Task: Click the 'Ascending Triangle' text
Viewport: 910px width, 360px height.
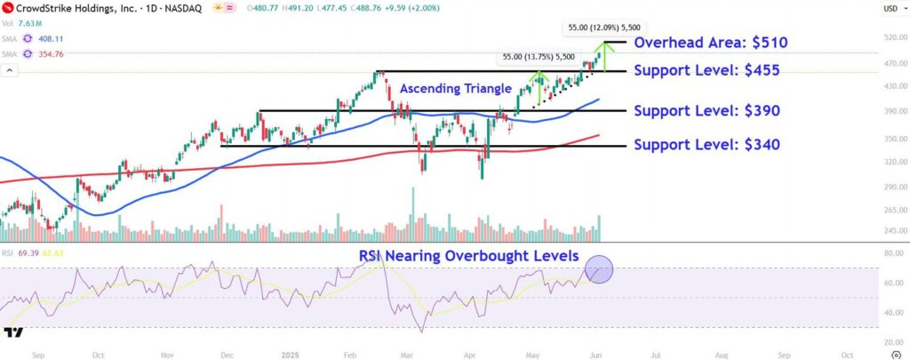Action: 455,89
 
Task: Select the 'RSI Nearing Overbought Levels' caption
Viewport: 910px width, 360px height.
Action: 469,256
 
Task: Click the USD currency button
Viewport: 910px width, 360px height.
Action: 890,8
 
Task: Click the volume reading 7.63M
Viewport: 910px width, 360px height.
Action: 28,24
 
